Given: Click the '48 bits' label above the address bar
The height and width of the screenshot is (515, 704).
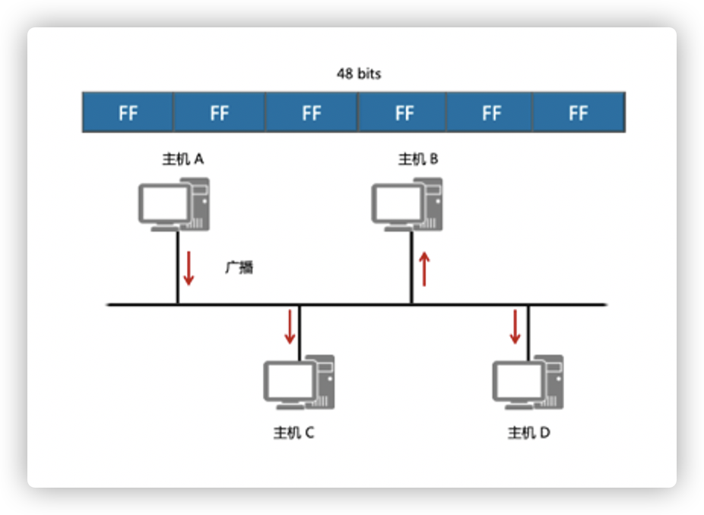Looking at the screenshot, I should coord(358,74).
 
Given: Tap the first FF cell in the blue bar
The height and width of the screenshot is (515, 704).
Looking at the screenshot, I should coord(128,112).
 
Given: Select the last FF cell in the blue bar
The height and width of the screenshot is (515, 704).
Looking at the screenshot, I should coord(579,112).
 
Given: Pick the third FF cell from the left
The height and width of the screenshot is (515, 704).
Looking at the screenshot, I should coord(311,112).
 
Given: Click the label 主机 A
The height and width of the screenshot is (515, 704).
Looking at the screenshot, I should coord(183,159).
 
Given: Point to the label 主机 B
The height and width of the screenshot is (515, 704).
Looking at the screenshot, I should coord(418,159).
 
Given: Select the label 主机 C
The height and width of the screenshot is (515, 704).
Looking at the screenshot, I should coord(293,433).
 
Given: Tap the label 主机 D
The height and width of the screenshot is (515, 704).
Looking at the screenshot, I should coord(529,433).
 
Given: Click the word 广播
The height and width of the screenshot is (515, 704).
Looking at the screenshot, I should coord(239,267).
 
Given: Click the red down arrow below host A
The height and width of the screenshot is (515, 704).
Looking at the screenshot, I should coord(189,269).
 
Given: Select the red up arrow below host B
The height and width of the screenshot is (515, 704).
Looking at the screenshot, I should coord(424,269).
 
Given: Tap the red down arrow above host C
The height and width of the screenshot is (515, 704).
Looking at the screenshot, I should coord(290,325).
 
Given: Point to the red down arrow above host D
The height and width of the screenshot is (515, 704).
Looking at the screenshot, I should coord(515,325).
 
